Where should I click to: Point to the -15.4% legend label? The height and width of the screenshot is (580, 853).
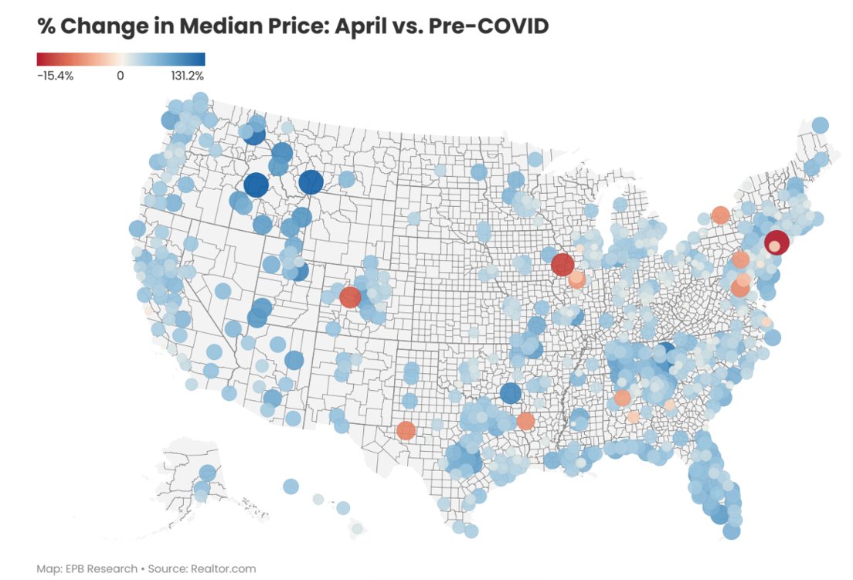click(x=55, y=76)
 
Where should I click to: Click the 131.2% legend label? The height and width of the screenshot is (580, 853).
click(x=186, y=76)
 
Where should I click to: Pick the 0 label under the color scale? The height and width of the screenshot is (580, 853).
click(x=120, y=76)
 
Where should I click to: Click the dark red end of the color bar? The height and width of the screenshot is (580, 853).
click(x=42, y=59)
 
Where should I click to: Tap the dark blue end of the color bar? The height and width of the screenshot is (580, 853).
click(x=200, y=59)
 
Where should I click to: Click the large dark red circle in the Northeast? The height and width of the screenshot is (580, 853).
click(x=777, y=243)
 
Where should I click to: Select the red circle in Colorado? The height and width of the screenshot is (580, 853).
click(x=350, y=297)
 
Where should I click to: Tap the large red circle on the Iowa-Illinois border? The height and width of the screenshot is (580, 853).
click(x=562, y=265)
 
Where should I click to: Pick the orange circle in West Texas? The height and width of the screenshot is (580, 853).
click(x=405, y=430)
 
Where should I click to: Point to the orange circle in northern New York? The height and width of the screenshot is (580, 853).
click(x=720, y=215)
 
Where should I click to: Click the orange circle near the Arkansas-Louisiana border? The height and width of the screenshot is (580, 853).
click(x=525, y=421)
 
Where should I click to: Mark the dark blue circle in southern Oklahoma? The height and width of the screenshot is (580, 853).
click(x=510, y=393)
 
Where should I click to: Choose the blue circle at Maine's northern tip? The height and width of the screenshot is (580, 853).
click(x=820, y=125)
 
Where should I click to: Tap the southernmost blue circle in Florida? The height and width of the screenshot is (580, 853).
click(x=732, y=531)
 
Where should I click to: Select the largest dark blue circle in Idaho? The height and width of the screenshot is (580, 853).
click(x=256, y=185)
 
